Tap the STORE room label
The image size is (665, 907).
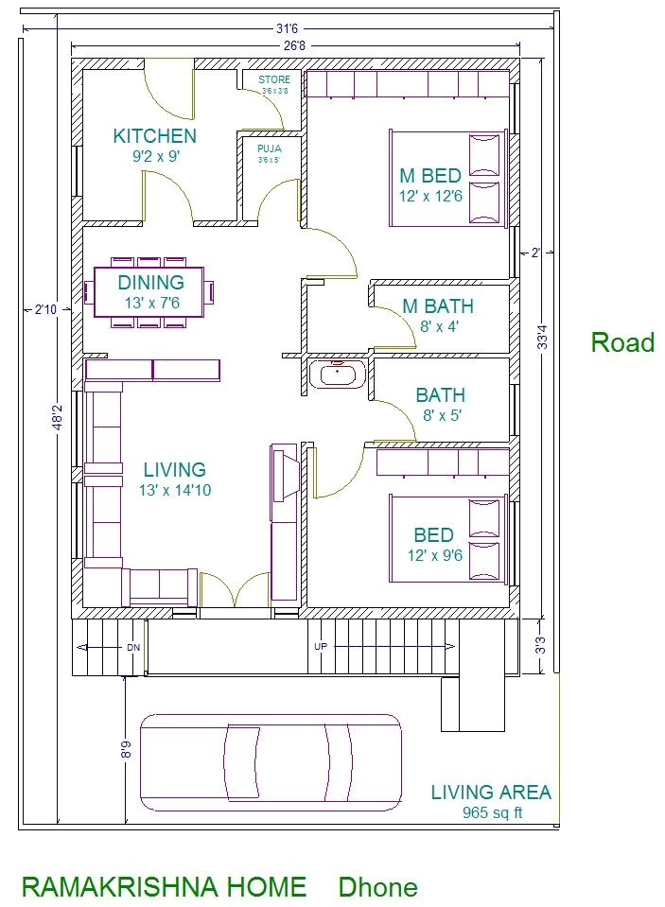[274, 80]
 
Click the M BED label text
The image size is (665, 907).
[429, 176]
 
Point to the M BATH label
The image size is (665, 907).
[438, 306]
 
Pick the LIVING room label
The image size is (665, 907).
[174, 470]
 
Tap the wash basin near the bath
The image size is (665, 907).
[335, 375]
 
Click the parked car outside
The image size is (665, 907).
[270, 762]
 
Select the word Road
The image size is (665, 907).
[621, 342]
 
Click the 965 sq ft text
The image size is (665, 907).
[492, 811]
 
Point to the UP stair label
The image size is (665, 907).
[321, 647]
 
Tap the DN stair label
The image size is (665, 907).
[133, 648]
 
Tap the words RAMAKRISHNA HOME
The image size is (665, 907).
[164, 887]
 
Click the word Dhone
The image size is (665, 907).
[377, 887]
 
